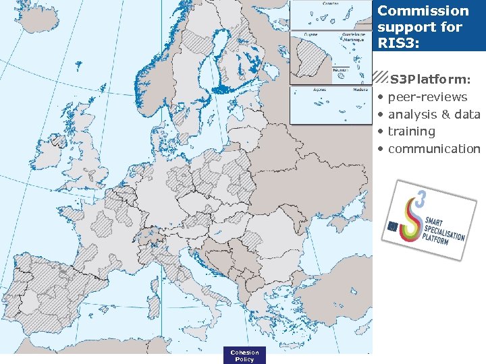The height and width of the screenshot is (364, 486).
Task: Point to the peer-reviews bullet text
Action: point(427,97)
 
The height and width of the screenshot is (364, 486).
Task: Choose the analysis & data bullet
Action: point(434,115)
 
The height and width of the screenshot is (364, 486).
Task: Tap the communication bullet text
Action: point(434,148)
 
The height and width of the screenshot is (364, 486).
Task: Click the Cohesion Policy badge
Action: point(244,355)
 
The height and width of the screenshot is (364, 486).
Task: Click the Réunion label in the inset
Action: point(340,69)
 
